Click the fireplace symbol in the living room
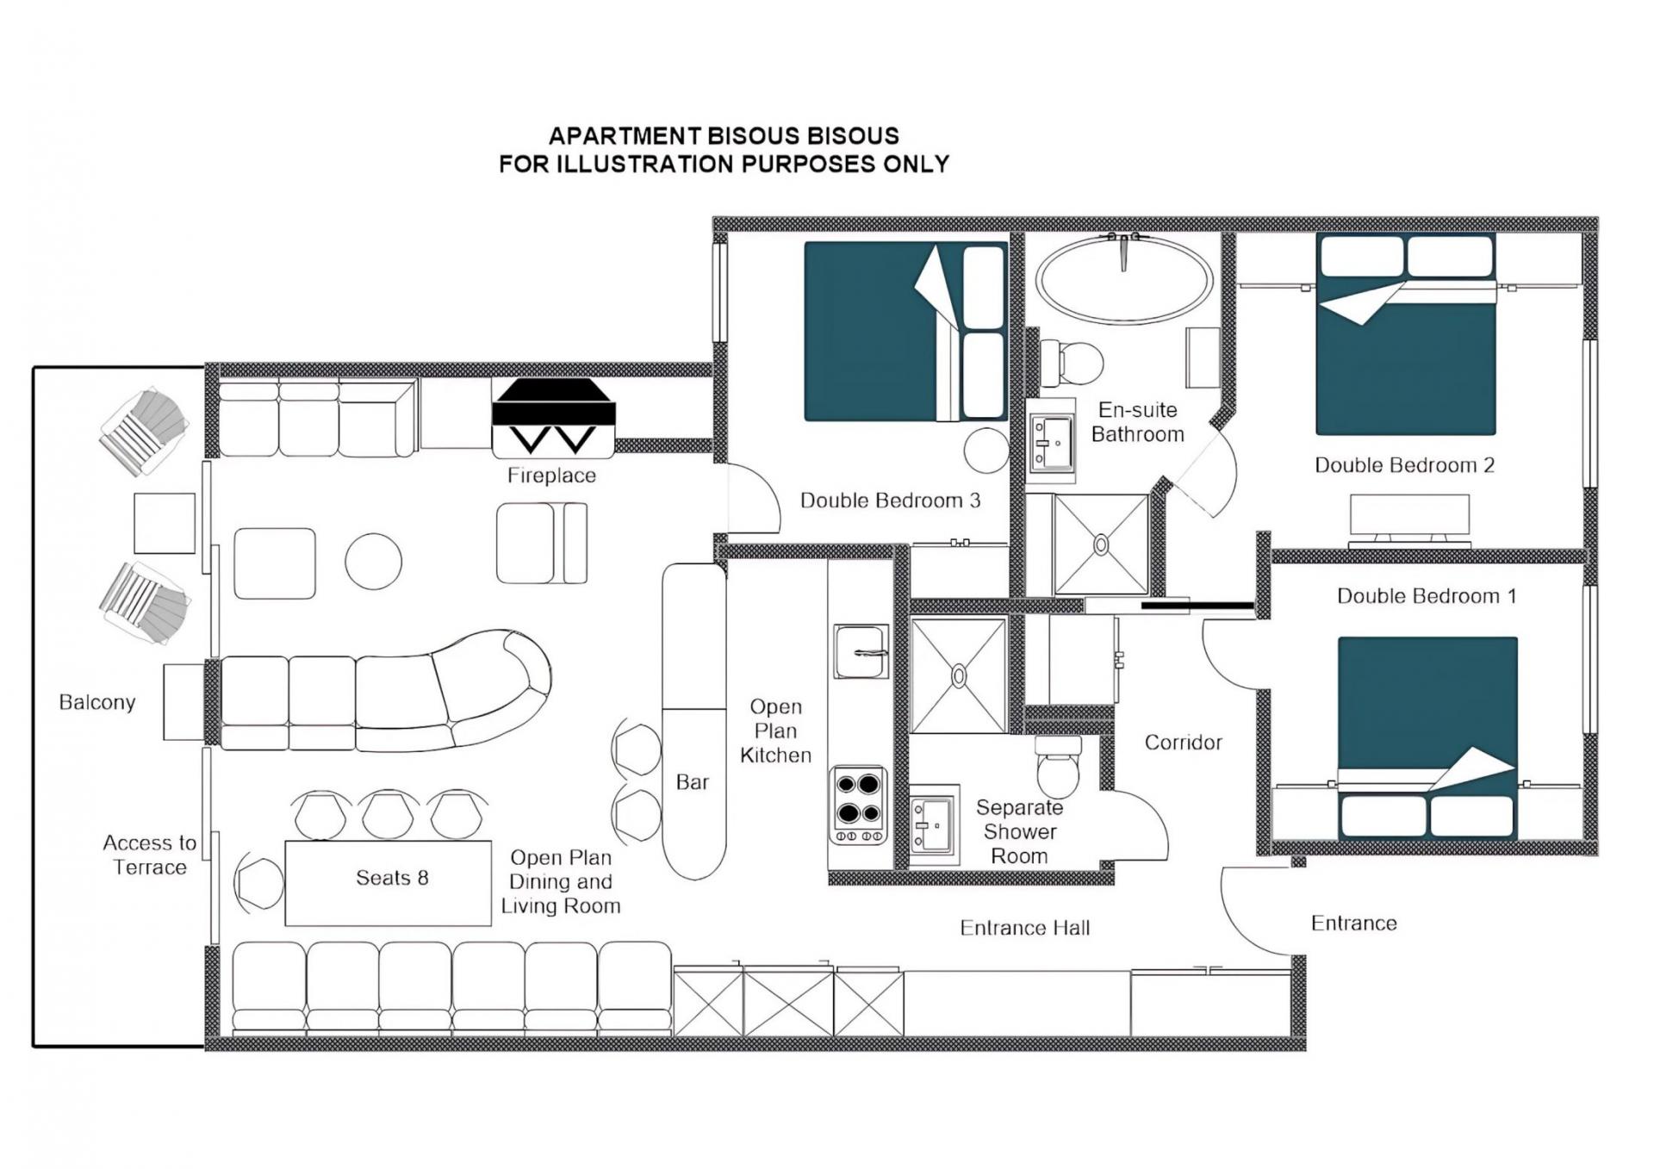[553, 418]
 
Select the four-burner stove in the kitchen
[858, 805]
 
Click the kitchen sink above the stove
[861, 651]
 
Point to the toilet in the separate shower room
[1058, 766]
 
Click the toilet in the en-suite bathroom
[1071, 363]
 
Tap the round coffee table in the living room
[373, 561]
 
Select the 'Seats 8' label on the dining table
[392, 878]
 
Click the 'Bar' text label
[693, 782]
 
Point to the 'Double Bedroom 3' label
[890, 501]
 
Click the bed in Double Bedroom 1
[1427, 737]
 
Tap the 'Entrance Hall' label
[1025, 928]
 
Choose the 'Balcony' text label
[97, 702]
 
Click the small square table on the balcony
[165, 523]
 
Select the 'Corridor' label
[1183, 743]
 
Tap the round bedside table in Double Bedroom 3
[986, 451]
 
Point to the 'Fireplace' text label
[551, 476]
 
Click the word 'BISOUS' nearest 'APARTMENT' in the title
[755, 136]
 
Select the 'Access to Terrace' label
[150, 855]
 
